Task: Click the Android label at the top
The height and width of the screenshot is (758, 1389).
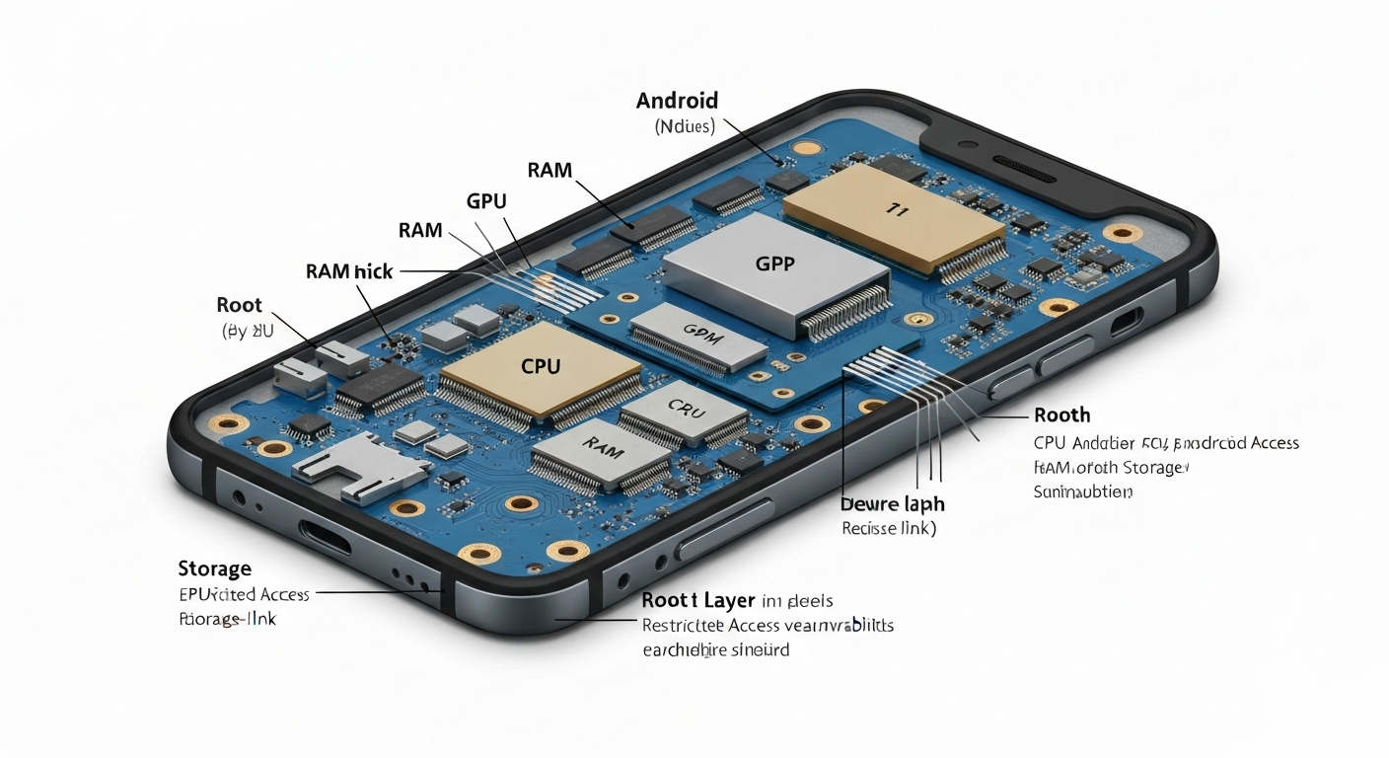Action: (x=677, y=101)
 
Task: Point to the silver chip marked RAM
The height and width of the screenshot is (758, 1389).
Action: (x=603, y=450)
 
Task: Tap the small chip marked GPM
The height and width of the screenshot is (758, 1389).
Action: (x=698, y=338)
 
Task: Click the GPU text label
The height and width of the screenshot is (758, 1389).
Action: (x=485, y=201)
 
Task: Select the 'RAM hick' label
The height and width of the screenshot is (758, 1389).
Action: (x=349, y=270)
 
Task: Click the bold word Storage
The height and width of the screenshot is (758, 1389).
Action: (x=214, y=568)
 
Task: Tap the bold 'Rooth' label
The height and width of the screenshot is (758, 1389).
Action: (x=1061, y=416)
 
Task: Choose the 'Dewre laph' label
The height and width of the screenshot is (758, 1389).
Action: (x=892, y=504)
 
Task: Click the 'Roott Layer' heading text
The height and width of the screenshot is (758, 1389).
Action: (x=698, y=600)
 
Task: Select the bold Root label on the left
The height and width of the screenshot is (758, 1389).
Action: (x=240, y=305)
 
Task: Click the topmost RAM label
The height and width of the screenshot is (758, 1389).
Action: (x=549, y=170)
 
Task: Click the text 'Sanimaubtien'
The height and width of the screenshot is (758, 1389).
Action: (x=1082, y=492)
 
